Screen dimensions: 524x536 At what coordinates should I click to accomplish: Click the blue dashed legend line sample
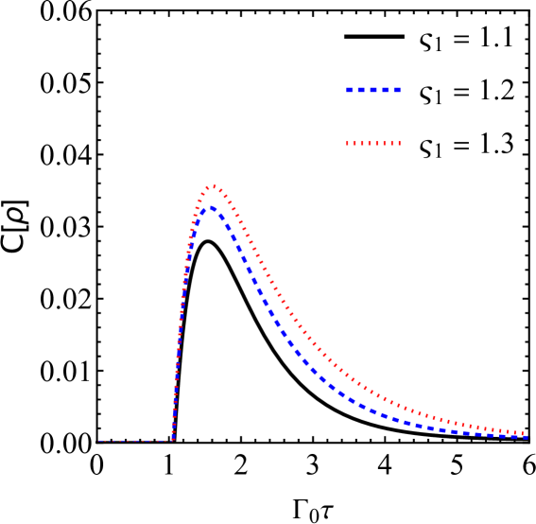tap(373, 90)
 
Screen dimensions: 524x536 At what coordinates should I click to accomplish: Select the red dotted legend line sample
tap(373, 144)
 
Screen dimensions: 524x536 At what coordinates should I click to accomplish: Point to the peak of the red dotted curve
tap(213, 186)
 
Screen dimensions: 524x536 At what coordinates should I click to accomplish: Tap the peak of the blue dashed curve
tap(210, 206)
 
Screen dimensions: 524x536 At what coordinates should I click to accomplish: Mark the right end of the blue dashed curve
tap(525, 437)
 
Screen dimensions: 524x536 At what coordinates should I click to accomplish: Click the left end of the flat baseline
tap(99, 441)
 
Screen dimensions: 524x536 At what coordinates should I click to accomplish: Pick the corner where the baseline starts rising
tap(173, 440)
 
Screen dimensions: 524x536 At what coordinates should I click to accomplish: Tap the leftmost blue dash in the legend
tap(350, 90)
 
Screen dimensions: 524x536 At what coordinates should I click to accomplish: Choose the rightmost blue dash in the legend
tap(397, 90)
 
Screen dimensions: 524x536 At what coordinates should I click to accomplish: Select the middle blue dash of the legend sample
tap(373, 90)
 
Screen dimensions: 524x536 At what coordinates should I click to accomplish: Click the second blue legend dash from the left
tap(361, 90)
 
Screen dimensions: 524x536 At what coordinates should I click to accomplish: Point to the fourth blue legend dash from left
tap(386, 90)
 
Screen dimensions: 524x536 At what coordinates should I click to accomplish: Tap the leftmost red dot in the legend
tap(348, 144)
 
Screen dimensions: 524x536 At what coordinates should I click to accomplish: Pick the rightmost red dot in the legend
tap(399, 144)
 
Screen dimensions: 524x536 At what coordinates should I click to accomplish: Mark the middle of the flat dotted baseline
tap(136, 441)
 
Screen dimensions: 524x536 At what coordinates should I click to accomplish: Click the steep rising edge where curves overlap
tap(181, 322)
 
